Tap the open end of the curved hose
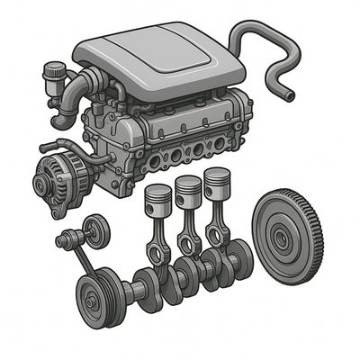tap(289, 93)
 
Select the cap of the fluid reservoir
tap(57, 68)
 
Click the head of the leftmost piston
tap(158, 196)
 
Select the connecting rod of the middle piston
tap(186, 226)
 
